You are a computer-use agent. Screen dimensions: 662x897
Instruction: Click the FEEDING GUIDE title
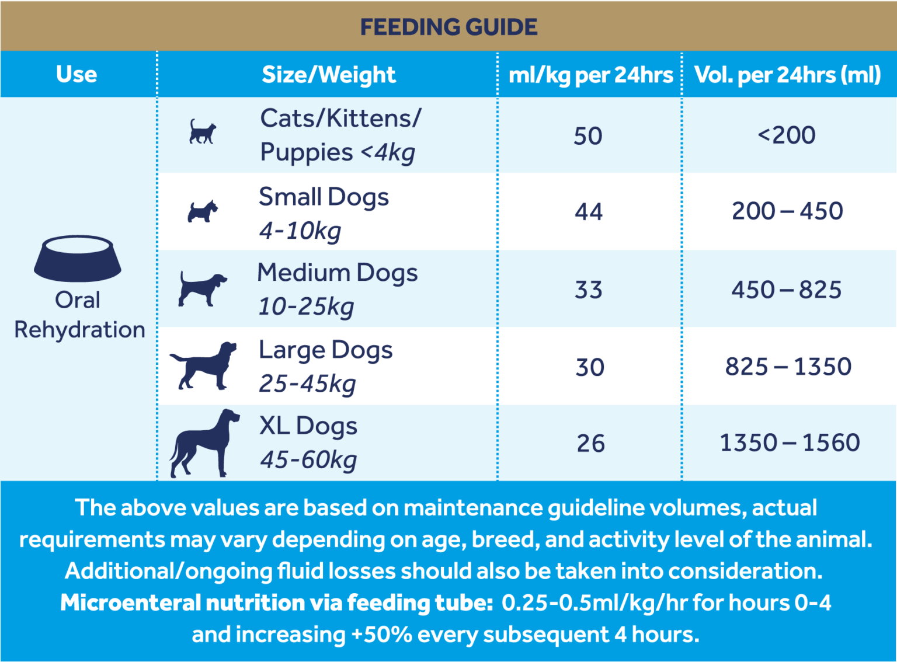tap(448, 27)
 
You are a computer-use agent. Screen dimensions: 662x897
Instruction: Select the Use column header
tap(77, 74)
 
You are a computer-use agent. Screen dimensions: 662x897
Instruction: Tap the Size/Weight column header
tap(328, 74)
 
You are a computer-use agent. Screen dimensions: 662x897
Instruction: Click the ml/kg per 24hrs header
tap(590, 75)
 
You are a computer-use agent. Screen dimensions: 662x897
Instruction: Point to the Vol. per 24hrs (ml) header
tap(787, 75)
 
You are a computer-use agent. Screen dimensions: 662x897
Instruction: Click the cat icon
tap(202, 132)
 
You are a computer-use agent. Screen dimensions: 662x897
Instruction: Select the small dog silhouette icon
tap(202, 211)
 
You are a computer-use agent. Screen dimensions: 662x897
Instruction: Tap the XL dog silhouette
tap(204, 444)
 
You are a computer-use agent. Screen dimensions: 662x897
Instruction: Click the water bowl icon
tap(77, 258)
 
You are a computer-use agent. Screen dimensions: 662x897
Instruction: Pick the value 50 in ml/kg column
tap(587, 136)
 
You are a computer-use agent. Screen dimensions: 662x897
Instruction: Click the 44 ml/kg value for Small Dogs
tap(588, 211)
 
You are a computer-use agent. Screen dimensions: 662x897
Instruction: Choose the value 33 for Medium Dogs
tap(588, 290)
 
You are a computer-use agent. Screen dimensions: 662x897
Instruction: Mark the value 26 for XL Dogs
tap(590, 444)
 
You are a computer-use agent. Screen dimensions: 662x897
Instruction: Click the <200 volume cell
tap(787, 135)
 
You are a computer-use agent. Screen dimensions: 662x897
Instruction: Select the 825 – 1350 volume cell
tap(788, 367)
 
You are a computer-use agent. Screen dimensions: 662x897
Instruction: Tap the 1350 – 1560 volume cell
tap(789, 443)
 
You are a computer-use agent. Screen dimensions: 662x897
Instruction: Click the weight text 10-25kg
tap(306, 306)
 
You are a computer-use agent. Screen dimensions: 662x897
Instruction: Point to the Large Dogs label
tap(325, 350)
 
